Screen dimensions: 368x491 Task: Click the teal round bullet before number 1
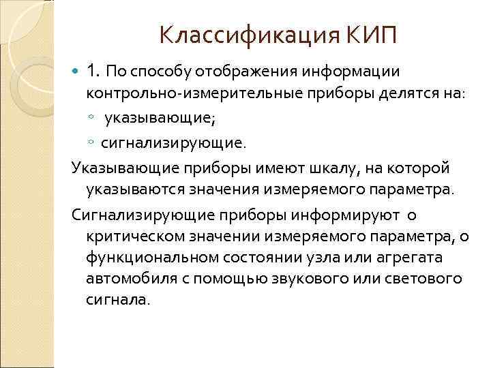76,71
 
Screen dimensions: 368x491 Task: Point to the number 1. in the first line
93,71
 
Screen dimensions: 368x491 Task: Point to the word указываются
132,187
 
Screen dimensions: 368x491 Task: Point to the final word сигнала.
117,301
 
